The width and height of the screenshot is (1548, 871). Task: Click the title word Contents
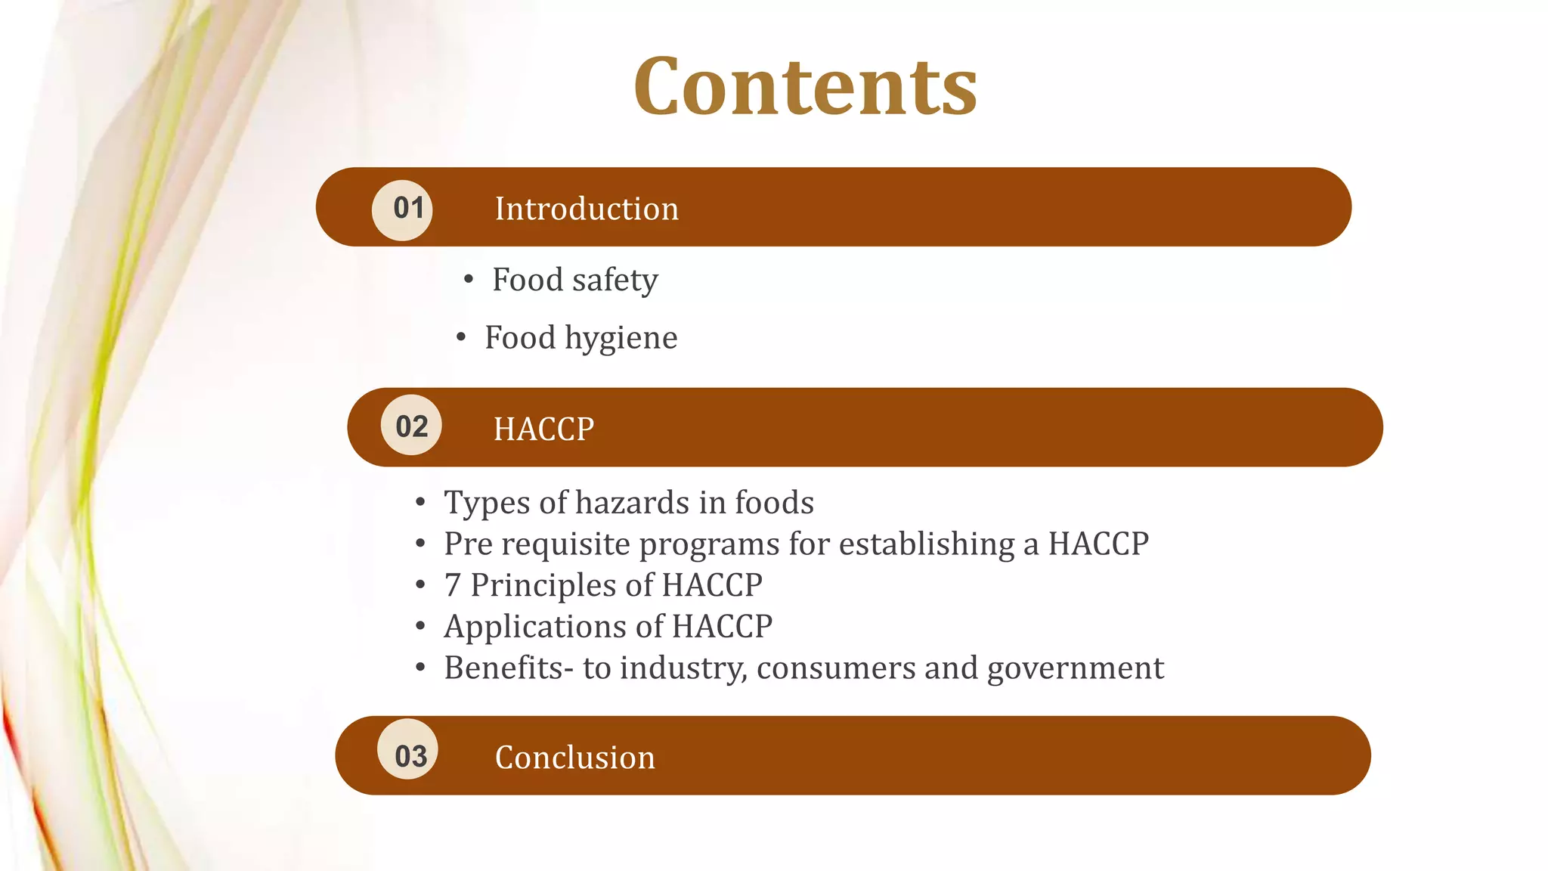point(805,87)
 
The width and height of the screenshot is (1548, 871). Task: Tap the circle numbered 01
point(403,209)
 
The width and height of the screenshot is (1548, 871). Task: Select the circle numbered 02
point(411,426)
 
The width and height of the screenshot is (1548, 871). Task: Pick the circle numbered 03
point(408,750)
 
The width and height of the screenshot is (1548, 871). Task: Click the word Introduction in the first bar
point(587,209)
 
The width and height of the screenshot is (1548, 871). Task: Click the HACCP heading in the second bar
point(543,429)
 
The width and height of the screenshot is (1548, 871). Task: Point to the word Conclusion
point(574,757)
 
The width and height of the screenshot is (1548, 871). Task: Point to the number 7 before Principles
point(452,585)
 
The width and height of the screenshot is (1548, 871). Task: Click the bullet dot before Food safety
point(469,281)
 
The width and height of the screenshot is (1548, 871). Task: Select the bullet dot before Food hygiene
point(461,338)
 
